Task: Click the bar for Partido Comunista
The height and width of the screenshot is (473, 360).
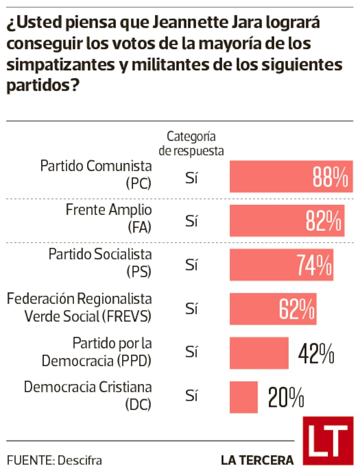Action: pyautogui.click(x=270, y=176)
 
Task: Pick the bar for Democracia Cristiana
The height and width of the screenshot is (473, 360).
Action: pyautogui.click(x=243, y=397)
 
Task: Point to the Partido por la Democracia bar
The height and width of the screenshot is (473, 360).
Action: pyautogui.click(x=259, y=353)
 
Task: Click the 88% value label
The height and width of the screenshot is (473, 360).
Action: pyautogui.click(x=331, y=177)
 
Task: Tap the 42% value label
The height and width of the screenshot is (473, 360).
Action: pyautogui.click(x=316, y=354)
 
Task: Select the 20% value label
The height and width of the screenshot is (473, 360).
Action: pyautogui.click(x=286, y=398)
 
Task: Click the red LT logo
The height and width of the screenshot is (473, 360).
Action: pyautogui.click(x=328, y=441)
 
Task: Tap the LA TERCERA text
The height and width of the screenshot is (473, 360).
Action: pyautogui.click(x=257, y=460)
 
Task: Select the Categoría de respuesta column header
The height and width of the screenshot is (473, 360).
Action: pyautogui.click(x=192, y=144)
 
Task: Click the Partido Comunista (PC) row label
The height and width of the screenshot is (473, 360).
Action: pyautogui.click(x=96, y=175)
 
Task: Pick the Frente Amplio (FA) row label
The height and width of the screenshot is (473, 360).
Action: pyautogui.click(x=108, y=219)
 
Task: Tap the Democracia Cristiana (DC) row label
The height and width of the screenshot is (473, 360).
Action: pyautogui.click(x=88, y=395)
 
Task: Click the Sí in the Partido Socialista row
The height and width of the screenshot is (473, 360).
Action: pyautogui.click(x=192, y=266)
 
